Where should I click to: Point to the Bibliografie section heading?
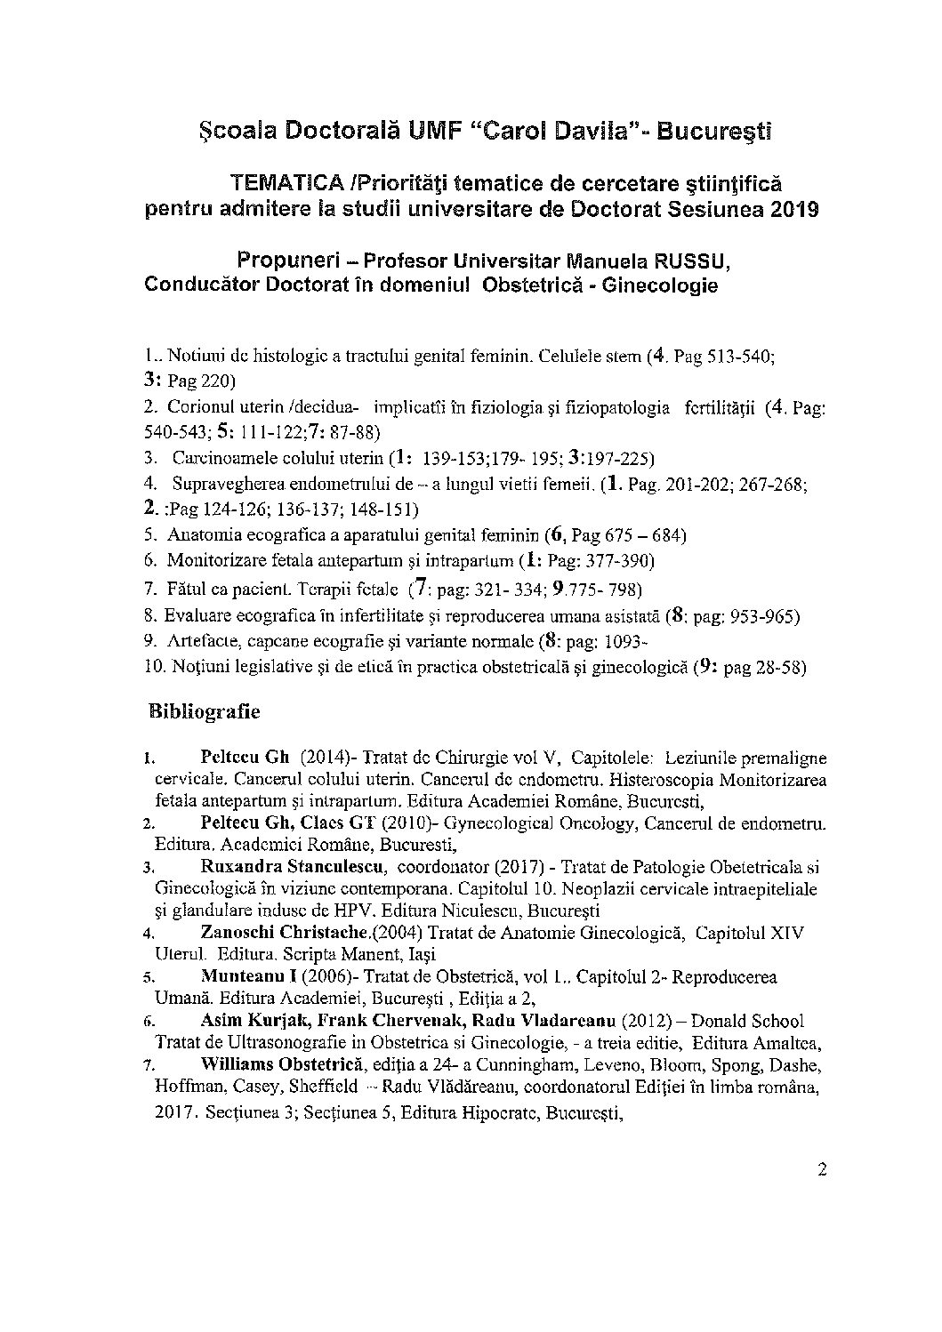tap(204, 712)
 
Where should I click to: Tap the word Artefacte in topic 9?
tap(202, 640)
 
